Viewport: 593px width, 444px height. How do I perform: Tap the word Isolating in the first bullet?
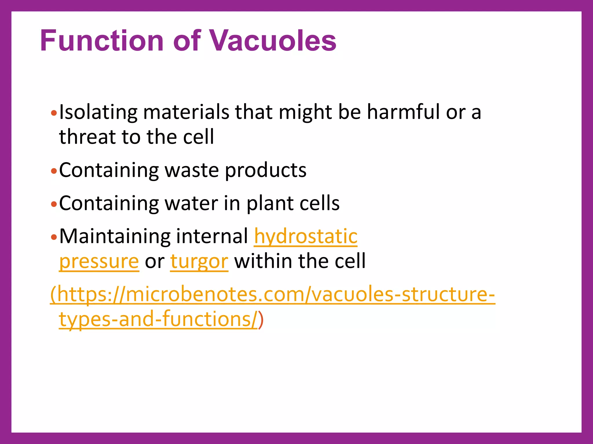98,112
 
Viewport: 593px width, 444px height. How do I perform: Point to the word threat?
87,137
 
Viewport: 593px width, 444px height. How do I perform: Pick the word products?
266,171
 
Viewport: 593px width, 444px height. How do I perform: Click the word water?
191,203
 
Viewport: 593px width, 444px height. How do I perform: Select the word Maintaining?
114,236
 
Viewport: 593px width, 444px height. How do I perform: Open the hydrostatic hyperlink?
306,236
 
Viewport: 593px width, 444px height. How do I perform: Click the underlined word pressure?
99,262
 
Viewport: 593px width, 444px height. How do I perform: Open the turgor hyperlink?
199,262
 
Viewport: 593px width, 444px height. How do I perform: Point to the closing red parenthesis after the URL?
261,320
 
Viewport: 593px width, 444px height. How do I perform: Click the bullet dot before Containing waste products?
54,171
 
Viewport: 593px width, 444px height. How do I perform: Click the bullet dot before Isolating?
54,113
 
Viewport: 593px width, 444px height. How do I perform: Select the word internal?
212,236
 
